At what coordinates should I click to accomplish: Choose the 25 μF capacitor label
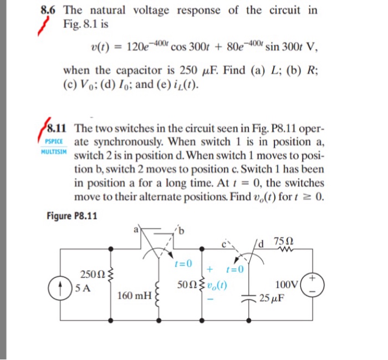(272, 297)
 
